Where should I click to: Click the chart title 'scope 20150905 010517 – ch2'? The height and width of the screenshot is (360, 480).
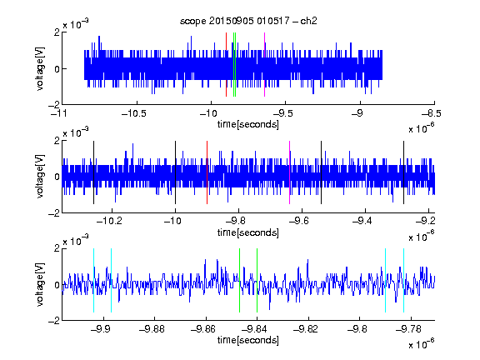[x=248, y=21]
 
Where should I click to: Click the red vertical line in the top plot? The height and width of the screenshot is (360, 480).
[x=226, y=65]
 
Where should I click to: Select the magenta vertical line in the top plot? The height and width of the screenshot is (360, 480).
[x=264, y=65]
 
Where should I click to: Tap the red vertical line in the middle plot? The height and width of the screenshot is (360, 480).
[x=207, y=172]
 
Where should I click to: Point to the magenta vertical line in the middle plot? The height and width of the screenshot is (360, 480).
[x=290, y=172]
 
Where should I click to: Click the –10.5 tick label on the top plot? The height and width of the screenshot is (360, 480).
[x=134, y=113]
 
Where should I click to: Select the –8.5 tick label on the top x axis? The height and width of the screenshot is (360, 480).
[x=431, y=113]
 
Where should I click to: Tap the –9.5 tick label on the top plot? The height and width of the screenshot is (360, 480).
[x=282, y=113]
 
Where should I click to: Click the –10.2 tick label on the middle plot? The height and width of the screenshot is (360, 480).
[x=109, y=221]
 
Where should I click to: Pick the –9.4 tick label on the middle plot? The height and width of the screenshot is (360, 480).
[x=362, y=221]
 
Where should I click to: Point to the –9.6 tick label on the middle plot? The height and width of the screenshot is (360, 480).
[x=299, y=221]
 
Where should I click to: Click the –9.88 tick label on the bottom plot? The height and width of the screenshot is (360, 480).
[x=152, y=329]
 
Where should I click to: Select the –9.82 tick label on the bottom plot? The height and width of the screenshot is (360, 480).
[x=306, y=329]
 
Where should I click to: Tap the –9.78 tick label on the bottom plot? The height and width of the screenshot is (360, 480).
[x=408, y=329]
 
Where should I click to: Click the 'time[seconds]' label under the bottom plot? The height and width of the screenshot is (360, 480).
[x=248, y=340]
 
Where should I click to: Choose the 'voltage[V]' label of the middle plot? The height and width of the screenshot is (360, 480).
[x=40, y=177]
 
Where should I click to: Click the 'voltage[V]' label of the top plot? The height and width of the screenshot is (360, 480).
[x=40, y=68]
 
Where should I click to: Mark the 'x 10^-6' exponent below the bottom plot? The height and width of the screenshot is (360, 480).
[x=422, y=344]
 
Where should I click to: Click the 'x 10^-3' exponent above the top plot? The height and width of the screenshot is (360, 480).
[x=76, y=23]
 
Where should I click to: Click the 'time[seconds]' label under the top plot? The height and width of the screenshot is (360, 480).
[x=248, y=124]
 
